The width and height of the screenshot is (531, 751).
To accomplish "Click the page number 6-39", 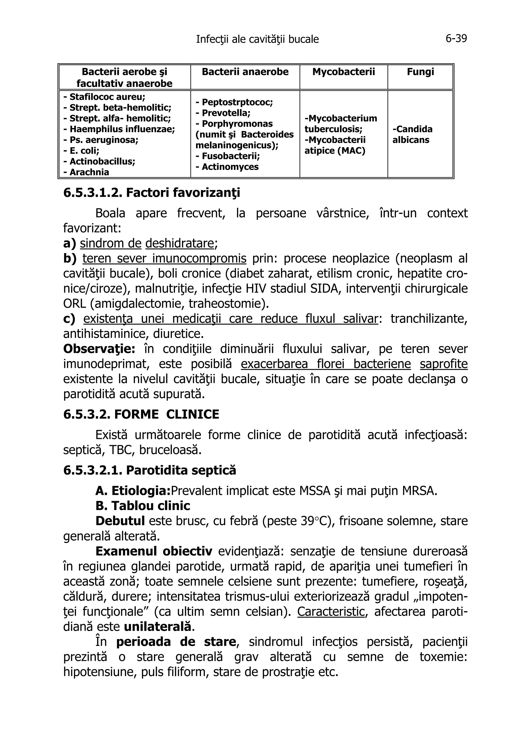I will [x=456, y=39].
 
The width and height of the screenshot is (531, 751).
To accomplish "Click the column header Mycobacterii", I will [x=343, y=72].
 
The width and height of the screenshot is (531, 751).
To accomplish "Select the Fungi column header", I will [x=420, y=72].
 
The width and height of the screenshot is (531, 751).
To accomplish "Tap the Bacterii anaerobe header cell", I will [x=245, y=72].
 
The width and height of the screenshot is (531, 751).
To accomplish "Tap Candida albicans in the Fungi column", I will [x=412, y=135].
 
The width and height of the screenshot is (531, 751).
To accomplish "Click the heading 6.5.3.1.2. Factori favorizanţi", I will [x=151, y=193].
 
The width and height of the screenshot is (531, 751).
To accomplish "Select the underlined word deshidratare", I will [x=180, y=243].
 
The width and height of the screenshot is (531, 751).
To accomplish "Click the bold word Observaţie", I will [x=99, y=349].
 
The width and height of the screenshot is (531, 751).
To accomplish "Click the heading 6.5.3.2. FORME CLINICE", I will [x=141, y=415].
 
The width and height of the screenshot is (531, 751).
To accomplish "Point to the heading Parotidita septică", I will [x=181, y=470].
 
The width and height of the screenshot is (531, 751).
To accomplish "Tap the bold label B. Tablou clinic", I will [x=143, y=506].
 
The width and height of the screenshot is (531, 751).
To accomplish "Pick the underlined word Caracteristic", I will [x=330, y=611].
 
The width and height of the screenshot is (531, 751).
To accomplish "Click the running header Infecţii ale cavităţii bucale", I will [x=257, y=39].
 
